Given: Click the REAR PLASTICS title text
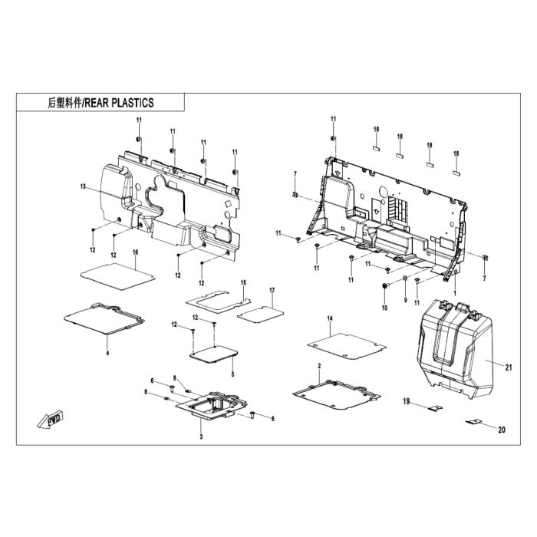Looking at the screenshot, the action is pos(100,103).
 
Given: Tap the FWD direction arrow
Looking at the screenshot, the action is pos(51,420).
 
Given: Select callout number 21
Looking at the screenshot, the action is pos(509,367).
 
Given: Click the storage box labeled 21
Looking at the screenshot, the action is pos(455,348).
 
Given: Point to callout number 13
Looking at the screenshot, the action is pos(83,186).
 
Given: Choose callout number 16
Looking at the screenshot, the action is pos(135,252).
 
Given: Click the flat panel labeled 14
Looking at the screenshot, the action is pos(347,346).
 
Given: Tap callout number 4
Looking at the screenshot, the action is pos(107,353).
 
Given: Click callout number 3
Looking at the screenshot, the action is pos(201,437).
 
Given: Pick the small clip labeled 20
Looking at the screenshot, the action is pos(473,422).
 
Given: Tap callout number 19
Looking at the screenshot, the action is pos(406,401).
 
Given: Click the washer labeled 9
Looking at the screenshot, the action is pos(405,277).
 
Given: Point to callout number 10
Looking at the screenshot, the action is pos(384,308).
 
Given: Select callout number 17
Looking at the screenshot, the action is pos(272,291).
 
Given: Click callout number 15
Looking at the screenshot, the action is pos(243,283).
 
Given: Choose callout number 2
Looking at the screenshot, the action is pos(320,366).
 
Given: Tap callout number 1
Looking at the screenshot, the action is pos(455,294).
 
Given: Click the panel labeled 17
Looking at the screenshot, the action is pos(261,315).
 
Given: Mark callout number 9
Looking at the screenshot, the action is pos(406,300).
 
